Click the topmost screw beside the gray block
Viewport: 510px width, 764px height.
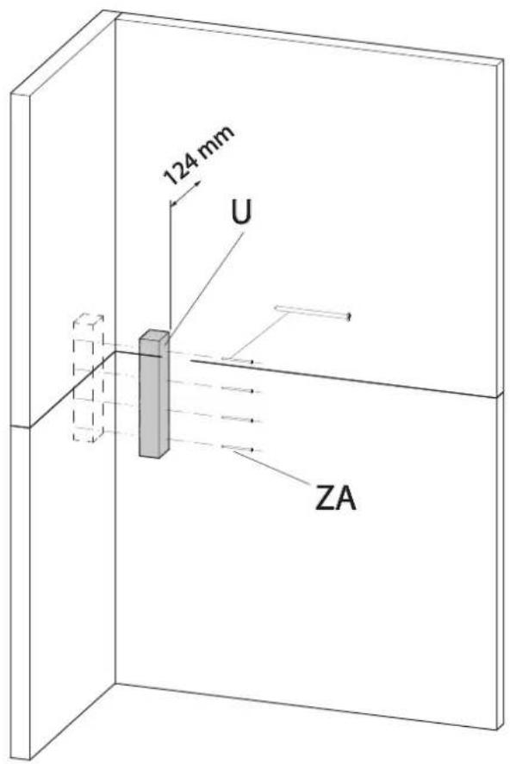click(238, 359)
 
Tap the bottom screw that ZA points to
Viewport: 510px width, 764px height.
click(238, 449)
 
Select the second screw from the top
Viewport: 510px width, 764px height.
click(238, 390)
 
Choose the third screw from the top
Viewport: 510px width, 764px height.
click(238, 419)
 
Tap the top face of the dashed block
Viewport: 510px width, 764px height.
click(88, 323)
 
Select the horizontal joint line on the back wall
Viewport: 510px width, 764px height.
click(345, 378)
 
